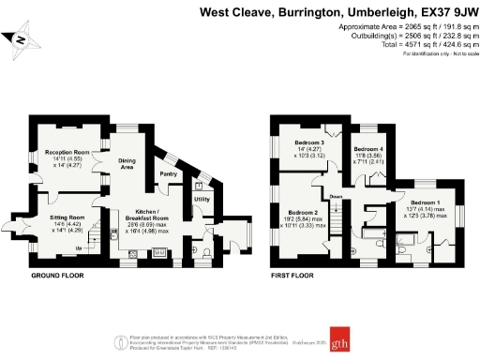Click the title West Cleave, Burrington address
338,13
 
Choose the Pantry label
169,174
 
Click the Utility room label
202,200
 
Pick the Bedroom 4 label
368,150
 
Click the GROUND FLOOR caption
57,276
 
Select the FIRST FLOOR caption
292,276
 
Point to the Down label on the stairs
335,196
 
